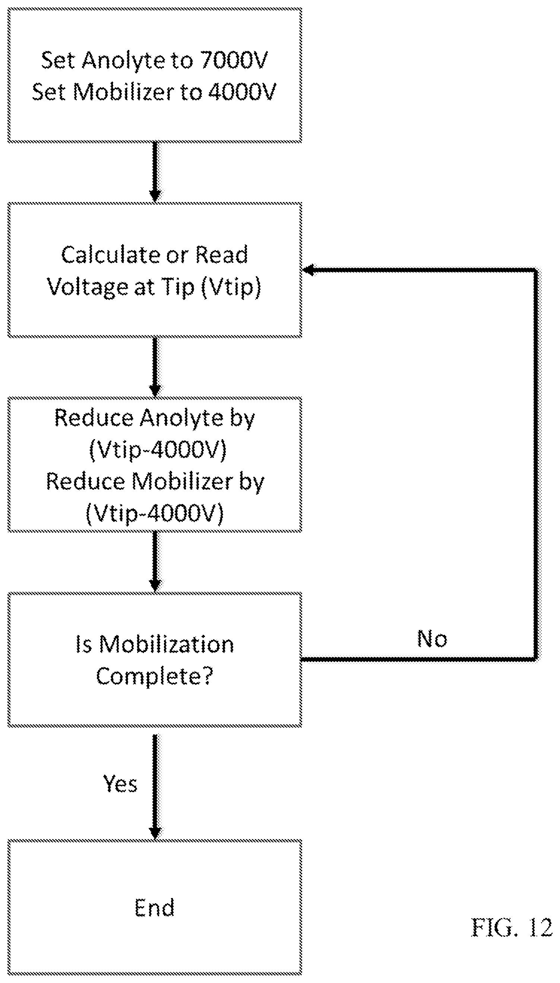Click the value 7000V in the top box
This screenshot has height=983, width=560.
[234, 60]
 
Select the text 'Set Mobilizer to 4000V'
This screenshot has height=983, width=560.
[154, 92]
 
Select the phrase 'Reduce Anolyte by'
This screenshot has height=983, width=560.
[155, 418]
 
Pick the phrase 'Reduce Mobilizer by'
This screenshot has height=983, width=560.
[155, 482]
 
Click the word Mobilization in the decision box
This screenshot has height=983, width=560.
[167, 644]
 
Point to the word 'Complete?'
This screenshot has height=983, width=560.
[155, 676]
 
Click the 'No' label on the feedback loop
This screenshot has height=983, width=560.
[432, 639]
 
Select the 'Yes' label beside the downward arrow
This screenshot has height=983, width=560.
[120, 783]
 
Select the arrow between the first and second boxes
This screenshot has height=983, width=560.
[155, 172]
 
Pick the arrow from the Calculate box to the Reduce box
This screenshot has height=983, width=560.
[155, 367]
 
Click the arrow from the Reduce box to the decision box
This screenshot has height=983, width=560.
[155, 562]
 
